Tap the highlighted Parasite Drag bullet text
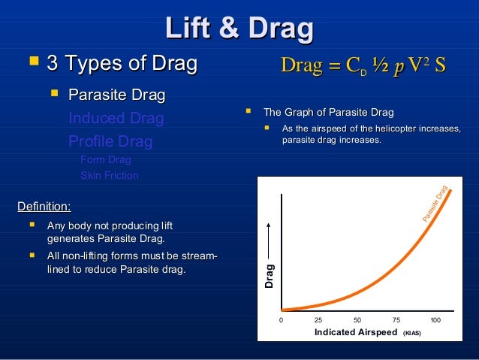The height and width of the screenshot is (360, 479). pos(116,95)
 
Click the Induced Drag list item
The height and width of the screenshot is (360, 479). pos(116,118)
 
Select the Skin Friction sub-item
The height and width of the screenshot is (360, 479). pos(110,175)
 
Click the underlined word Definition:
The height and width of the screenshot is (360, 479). pos(44,205)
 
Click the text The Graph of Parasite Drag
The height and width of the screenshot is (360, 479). pos(328,112)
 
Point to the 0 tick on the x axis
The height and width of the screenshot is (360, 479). pos(282,320)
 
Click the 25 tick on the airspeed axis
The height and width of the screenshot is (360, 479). pos(318,320)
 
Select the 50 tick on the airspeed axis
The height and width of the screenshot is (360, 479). pos(357,320)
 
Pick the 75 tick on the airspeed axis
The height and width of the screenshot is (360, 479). pos(396,320)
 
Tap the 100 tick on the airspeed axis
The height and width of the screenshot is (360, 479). pos(435,320)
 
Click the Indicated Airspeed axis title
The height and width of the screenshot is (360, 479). pos(355,332)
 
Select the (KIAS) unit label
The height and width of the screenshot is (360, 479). pos(412,333)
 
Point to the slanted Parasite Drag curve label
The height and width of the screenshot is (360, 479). pos(435,203)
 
